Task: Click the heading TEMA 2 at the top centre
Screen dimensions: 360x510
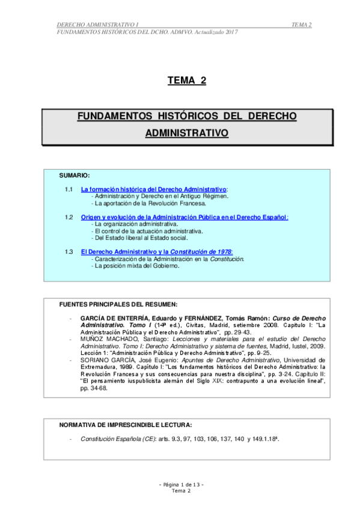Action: pos(186,81)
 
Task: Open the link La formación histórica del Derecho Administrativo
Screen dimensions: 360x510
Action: pos(153,189)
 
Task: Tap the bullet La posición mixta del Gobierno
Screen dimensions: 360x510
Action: pos(137,265)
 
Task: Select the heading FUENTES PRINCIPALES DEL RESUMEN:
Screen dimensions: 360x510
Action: pos(118,304)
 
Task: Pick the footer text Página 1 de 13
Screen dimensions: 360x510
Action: pos(181,485)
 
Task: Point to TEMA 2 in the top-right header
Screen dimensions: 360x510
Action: pos(301,24)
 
